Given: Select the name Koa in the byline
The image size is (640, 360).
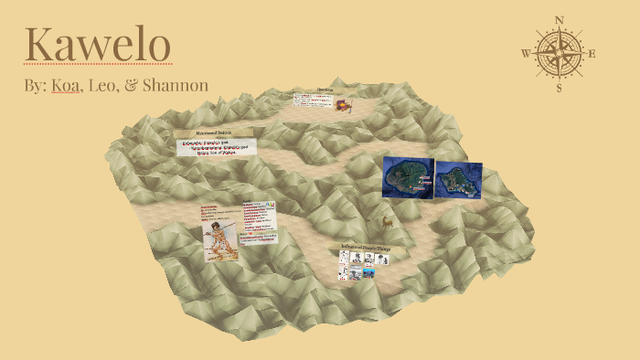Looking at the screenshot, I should click(x=65, y=85).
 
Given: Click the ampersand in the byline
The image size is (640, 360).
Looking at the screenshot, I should click(x=130, y=85).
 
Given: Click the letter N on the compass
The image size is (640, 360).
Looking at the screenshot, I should click(x=560, y=19).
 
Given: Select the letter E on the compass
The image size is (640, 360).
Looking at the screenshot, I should click(x=592, y=53).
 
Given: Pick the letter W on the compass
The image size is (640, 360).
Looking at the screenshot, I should click(x=526, y=53).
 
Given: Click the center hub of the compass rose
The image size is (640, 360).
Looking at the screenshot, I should click(x=560, y=53).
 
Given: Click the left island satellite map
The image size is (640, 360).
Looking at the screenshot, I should click(x=407, y=176).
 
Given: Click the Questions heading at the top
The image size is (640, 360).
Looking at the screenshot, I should click(x=325, y=90).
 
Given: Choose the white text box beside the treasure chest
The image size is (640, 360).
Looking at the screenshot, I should click(x=313, y=99).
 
